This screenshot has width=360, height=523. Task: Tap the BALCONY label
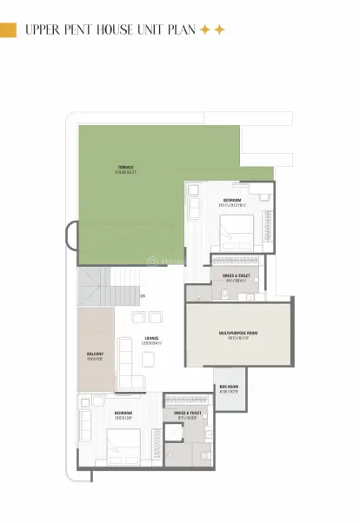(x=95, y=354)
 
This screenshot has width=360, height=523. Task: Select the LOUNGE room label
(x=151, y=338)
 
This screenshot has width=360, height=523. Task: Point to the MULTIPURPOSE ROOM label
(x=237, y=333)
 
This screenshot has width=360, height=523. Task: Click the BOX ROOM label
(x=229, y=387)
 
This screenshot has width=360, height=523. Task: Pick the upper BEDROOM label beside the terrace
(x=231, y=200)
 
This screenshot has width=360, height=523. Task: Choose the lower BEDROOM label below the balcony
(x=123, y=413)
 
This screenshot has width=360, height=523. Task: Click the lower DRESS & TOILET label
(x=188, y=413)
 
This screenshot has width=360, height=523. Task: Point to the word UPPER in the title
(x=40, y=30)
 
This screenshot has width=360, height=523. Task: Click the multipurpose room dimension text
(x=237, y=338)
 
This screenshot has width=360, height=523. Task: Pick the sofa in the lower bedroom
(x=86, y=424)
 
